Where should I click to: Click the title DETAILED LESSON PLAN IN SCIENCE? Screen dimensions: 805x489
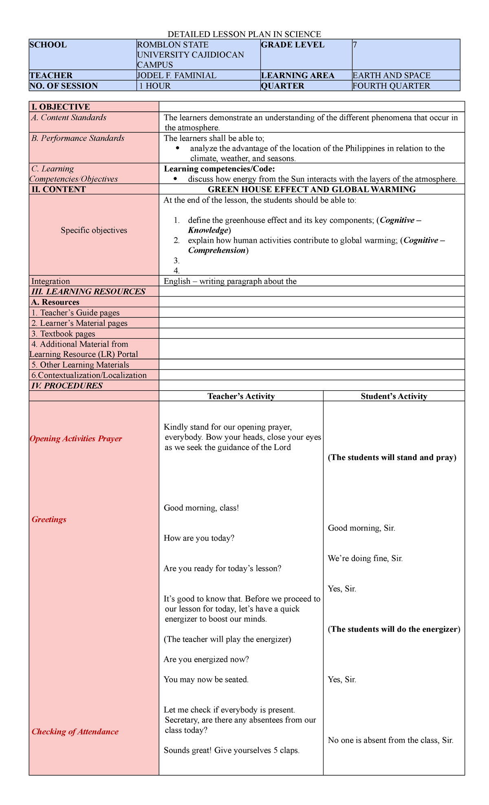point(244,34)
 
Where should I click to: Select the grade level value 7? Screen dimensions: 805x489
point(355,45)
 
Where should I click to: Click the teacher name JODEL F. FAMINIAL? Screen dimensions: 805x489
point(176,75)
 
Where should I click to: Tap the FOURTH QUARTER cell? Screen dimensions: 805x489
point(391,86)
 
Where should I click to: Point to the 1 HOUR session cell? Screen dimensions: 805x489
point(154,86)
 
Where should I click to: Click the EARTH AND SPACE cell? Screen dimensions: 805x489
point(391,75)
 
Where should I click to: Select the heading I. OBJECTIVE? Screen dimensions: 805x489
point(60,107)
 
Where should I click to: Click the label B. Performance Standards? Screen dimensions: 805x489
point(78,138)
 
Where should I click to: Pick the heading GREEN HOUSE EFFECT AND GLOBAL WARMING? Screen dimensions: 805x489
point(311,189)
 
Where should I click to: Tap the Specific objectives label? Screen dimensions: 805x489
point(94,230)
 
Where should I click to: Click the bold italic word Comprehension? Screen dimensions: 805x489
point(217,251)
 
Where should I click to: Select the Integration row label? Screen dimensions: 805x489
point(51,281)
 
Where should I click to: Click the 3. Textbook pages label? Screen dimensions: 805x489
point(63,334)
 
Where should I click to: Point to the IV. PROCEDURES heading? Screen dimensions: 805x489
point(67,385)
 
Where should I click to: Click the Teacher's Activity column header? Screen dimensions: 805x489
point(241,396)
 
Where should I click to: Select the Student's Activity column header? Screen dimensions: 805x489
point(394,396)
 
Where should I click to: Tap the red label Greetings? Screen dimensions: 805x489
point(49,519)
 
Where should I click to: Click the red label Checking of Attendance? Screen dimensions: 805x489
point(75,732)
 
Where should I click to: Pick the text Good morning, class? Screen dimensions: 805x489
point(201,508)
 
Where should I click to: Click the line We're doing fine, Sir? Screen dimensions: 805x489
point(365,559)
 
